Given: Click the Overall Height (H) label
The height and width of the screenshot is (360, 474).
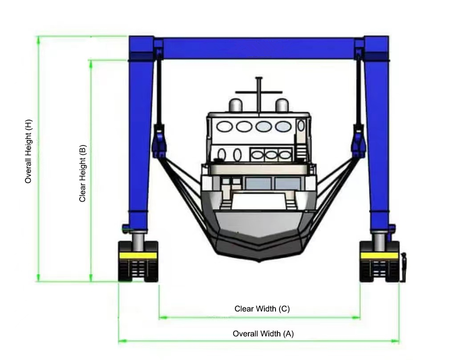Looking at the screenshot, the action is [28, 151].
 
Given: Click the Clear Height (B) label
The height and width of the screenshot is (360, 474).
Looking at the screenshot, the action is [82, 173].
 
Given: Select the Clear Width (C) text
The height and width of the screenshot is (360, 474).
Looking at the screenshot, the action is [262, 309].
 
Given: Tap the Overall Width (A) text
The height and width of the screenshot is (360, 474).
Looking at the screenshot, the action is [263, 334].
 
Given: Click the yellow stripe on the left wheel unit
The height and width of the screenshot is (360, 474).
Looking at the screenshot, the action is [138, 256].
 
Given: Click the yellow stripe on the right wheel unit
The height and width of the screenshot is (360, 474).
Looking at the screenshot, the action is [379, 256].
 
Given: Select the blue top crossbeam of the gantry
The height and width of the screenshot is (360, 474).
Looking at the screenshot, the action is [259, 48].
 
